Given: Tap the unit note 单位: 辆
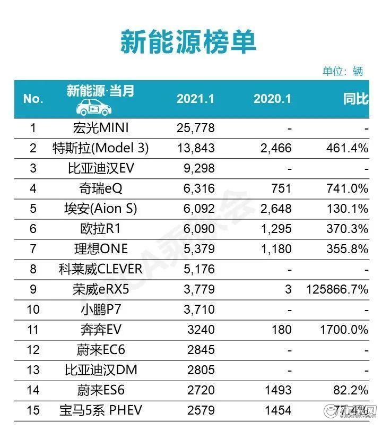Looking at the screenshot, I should pyautogui.click(x=343, y=71).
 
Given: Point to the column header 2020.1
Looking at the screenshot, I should pyautogui.click(x=272, y=99).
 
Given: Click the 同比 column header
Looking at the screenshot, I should pyautogui.click(x=355, y=99).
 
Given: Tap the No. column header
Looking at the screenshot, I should pyautogui.click(x=33, y=99).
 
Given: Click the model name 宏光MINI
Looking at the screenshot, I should pyautogui.click(x=100, y=128).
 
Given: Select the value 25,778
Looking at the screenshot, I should pyautogui.click(x=195, y=128).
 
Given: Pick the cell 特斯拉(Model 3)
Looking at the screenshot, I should pyautogui.click(x=100, y=148).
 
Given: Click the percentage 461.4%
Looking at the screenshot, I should pyautogui.click(x=348, y=148).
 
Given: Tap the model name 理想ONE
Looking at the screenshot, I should pyautogui.click(x=100, y=249).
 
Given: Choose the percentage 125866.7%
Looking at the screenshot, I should pyautogui.click(x=337, y=289).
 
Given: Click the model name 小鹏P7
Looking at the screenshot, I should pyautogui.click(x=100, y=309).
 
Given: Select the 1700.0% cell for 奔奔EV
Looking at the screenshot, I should pyautogui.click(x=344, y=330).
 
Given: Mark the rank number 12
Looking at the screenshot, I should pyautogui.click(x=33, y=350).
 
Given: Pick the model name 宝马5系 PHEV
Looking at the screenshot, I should pyautogui.click(x=100, y=410).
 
